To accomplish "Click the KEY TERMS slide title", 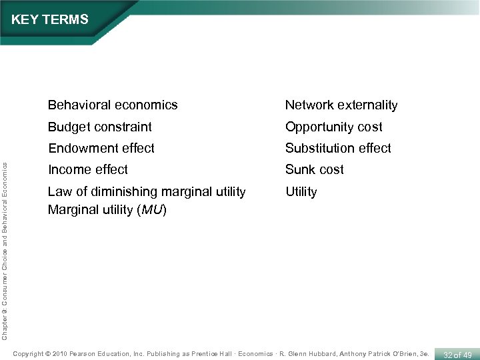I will coord(50,20).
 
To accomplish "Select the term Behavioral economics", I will coord(113,105).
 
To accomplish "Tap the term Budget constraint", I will coord(100,127).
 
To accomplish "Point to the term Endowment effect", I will coord(101,148).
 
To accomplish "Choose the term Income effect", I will coord(88,169).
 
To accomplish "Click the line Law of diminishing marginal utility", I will coord(147,191).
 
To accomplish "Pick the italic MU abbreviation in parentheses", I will coord(153,210).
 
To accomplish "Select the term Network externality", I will coord(341,105).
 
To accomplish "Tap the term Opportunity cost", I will coord(334,127).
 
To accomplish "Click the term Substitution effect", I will coord(338,148).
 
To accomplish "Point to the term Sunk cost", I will coord(315,169).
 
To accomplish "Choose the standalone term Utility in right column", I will coord(301,191).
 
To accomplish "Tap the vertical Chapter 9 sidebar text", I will coord(5,243).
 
